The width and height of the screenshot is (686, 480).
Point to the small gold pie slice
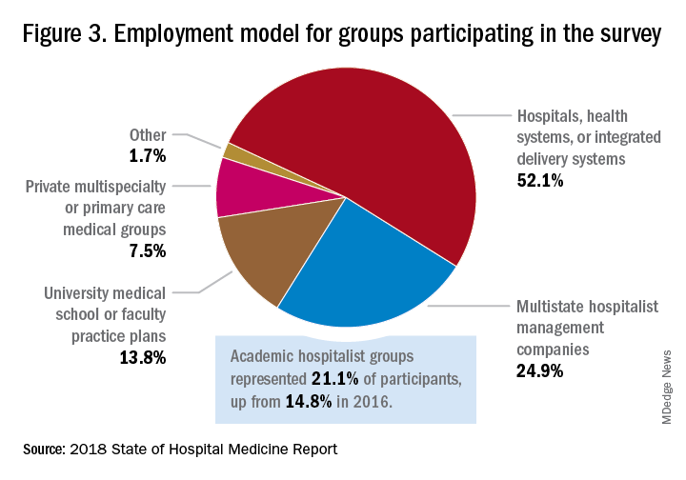coord(229,150)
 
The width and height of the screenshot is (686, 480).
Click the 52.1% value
coord(540,180)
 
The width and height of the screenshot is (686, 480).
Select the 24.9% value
coord(539,370)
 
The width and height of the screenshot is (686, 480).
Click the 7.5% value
coord(148,250)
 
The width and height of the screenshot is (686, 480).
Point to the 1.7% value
coord(148,155)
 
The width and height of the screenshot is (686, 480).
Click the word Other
coord(148,134)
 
